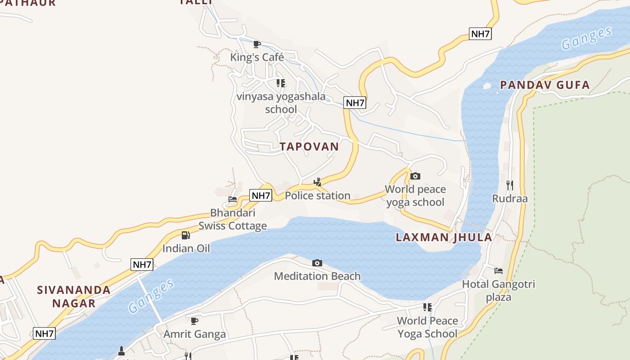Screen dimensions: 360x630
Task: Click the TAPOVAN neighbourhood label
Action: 309,147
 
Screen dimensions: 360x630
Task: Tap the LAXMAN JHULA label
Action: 444,238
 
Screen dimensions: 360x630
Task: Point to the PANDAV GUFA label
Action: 544,85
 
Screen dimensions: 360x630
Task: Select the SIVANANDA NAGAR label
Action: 74,297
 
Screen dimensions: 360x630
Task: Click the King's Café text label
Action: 257,57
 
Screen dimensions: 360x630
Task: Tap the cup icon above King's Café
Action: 257,44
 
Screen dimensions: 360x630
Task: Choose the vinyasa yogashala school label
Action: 281,103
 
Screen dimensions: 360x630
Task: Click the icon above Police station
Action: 318,182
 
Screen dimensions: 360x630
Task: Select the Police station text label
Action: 317,196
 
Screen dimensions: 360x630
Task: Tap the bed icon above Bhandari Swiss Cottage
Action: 233,199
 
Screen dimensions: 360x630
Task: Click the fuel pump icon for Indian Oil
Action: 185,235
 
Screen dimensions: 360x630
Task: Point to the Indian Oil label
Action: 186,248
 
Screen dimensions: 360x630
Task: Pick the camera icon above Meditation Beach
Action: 317,263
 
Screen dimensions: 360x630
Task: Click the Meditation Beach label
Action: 317,276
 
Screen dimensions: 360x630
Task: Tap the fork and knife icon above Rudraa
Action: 509,185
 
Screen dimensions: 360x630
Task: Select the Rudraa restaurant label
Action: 509,199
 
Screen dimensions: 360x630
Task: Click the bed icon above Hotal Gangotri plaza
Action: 499,271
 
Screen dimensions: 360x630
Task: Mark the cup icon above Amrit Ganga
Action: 194,321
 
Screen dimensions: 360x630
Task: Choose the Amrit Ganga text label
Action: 194,334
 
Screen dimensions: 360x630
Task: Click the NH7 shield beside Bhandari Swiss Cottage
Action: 261,196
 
